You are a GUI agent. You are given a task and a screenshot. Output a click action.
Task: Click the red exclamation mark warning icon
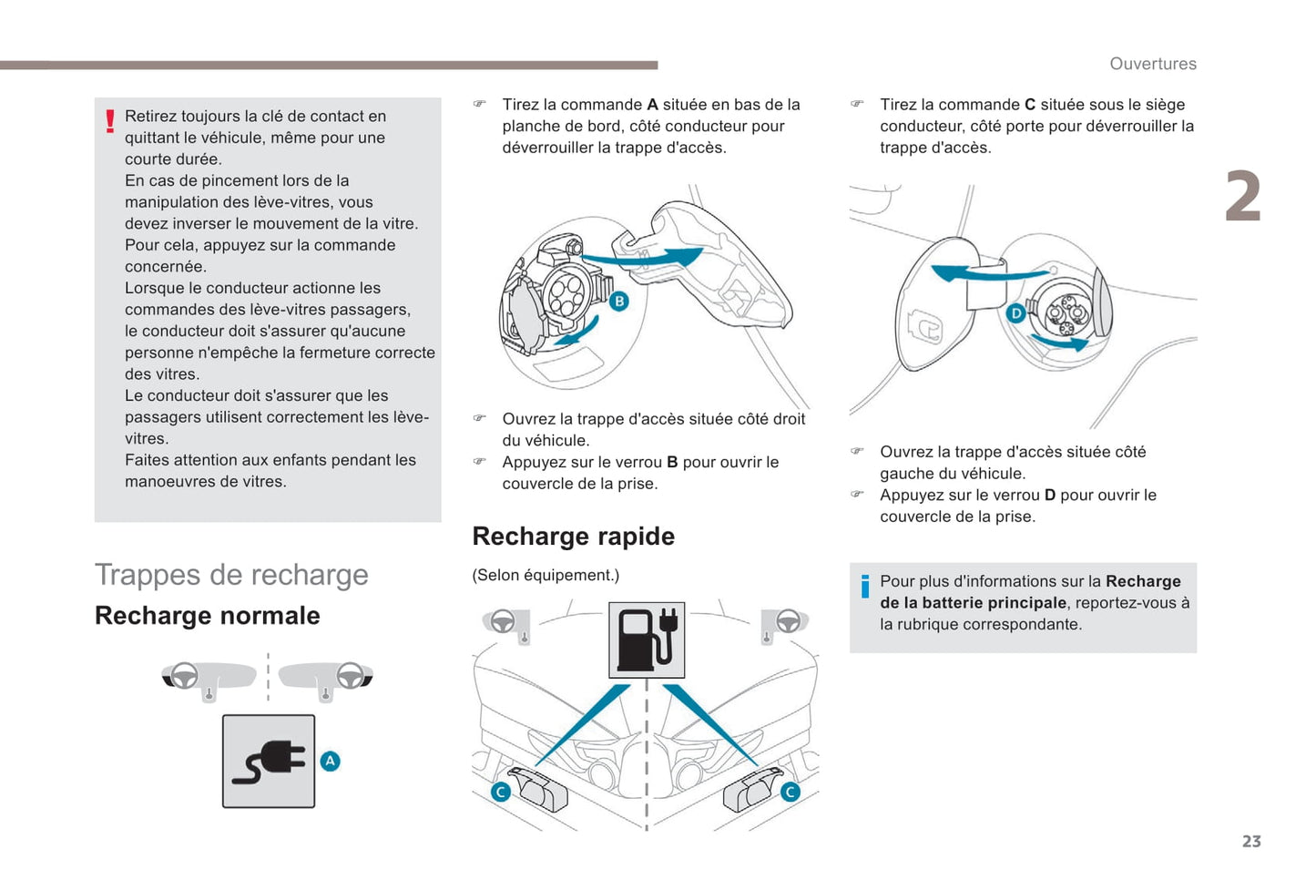[110, 121]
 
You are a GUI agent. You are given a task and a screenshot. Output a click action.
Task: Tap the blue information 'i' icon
[864, 587]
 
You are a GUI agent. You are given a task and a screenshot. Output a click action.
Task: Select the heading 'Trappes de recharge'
[231, 575]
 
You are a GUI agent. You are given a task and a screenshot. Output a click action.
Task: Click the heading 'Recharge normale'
[208, 616]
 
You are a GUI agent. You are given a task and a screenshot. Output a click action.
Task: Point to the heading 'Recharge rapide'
[573, 537]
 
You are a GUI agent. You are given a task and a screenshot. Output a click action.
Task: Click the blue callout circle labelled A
[330, 761]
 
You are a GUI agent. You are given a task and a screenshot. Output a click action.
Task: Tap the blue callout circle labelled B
[618, 302]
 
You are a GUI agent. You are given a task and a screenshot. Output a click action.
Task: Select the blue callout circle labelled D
[1015, 313]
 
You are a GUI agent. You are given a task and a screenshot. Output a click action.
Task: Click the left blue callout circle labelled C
[500, 792]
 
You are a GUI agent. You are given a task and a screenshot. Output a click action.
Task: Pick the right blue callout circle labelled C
[790, 792]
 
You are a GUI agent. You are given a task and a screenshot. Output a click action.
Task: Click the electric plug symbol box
[269, 762]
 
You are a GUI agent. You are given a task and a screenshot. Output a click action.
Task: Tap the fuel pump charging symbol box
[647, 639]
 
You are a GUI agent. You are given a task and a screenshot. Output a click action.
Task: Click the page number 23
[1251, 841]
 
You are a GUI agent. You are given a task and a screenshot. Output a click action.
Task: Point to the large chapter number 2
[1242, 197]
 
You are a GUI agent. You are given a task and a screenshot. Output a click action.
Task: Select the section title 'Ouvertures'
[1152, 64]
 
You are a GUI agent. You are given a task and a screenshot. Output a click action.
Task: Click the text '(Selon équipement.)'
[545, 575]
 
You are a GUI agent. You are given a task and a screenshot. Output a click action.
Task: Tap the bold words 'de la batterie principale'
[973, 603]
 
